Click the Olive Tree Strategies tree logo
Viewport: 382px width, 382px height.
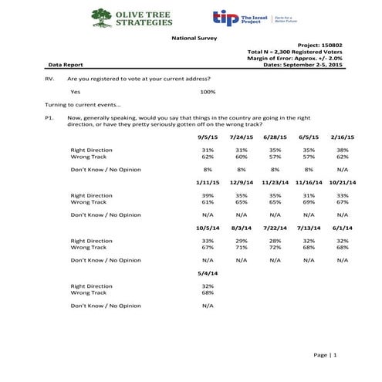pos(100,17)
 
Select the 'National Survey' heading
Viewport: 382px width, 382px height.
pos(191,37)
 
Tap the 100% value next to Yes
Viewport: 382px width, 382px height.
pos(208,92)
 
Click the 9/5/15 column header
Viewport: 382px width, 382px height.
pos(208,136)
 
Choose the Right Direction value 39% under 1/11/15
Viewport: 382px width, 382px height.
pos(208,196)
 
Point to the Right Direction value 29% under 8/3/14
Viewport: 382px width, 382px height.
pos(241,242)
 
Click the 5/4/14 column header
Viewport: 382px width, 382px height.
pos(208,273)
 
